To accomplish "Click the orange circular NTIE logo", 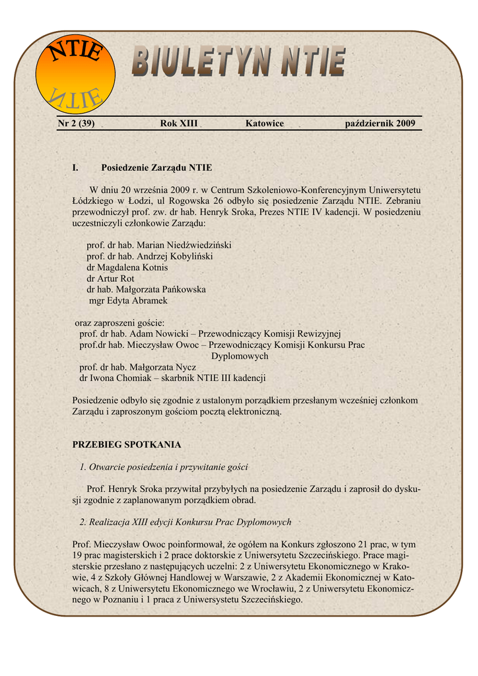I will [75, 73].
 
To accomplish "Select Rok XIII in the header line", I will [178, 123].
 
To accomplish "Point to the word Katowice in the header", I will [264, 123].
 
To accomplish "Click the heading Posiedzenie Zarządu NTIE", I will [156, 168].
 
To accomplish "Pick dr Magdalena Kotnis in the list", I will [127, 267].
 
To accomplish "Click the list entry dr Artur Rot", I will [110, 279].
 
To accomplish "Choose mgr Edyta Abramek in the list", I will [128, 300].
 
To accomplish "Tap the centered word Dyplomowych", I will [240, 356].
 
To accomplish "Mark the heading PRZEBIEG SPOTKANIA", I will [126, 444].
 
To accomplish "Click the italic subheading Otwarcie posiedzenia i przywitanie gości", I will [164, 467].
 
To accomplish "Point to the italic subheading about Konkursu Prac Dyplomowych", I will [186, 522].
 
